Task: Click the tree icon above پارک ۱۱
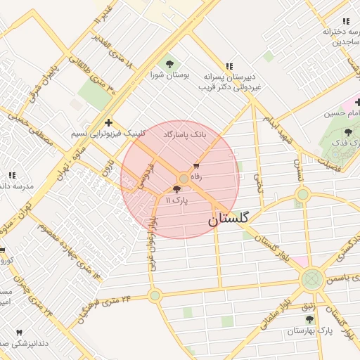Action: tap(176, 189)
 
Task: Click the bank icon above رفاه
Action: tap(196, 167)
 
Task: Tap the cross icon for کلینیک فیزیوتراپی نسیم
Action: tap(108, 122)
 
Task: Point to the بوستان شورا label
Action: tap(167, 74)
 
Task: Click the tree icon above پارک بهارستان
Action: tap(309, 319)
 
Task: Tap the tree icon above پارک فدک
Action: tap(349, 132)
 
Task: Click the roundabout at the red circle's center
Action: tap(184, 179)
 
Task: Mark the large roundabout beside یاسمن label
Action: tap(311, 279)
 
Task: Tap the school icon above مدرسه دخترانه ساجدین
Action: tap(345, 22)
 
